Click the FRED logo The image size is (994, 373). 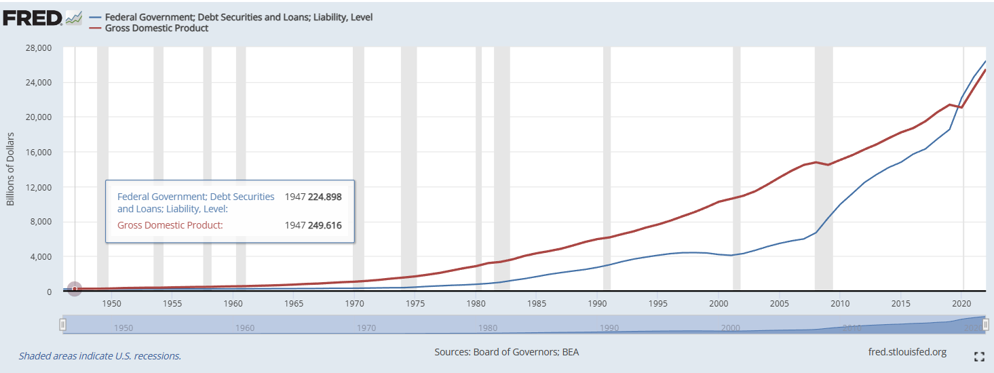[x=33, y=18]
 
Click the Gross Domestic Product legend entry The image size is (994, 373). [x=157, y=28]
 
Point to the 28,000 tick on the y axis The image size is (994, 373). [x=37, y=48]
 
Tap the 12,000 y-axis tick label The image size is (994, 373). [x=37, y=187]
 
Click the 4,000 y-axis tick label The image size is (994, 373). [x=40, y=257]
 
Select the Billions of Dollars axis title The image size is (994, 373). [x=11, y=170]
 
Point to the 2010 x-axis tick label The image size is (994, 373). [x=840, y=303]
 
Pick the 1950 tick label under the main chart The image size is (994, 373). [x=112, y=303]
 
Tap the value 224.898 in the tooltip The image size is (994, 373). [x=325, y=197]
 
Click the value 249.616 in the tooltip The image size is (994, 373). [x=325, y=225]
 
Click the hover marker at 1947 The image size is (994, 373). [x=75, y=289]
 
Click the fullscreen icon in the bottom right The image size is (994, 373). [x=979, y=356]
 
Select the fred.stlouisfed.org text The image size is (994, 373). [x=907, y=352]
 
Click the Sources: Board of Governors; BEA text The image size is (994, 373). [x=506, y=352]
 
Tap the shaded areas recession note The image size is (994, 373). [x=100, y=355]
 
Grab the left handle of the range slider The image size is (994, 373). [x=63, y=325]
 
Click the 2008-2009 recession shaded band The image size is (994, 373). [x=823, y=170]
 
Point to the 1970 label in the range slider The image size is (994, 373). [x=366, y=328]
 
